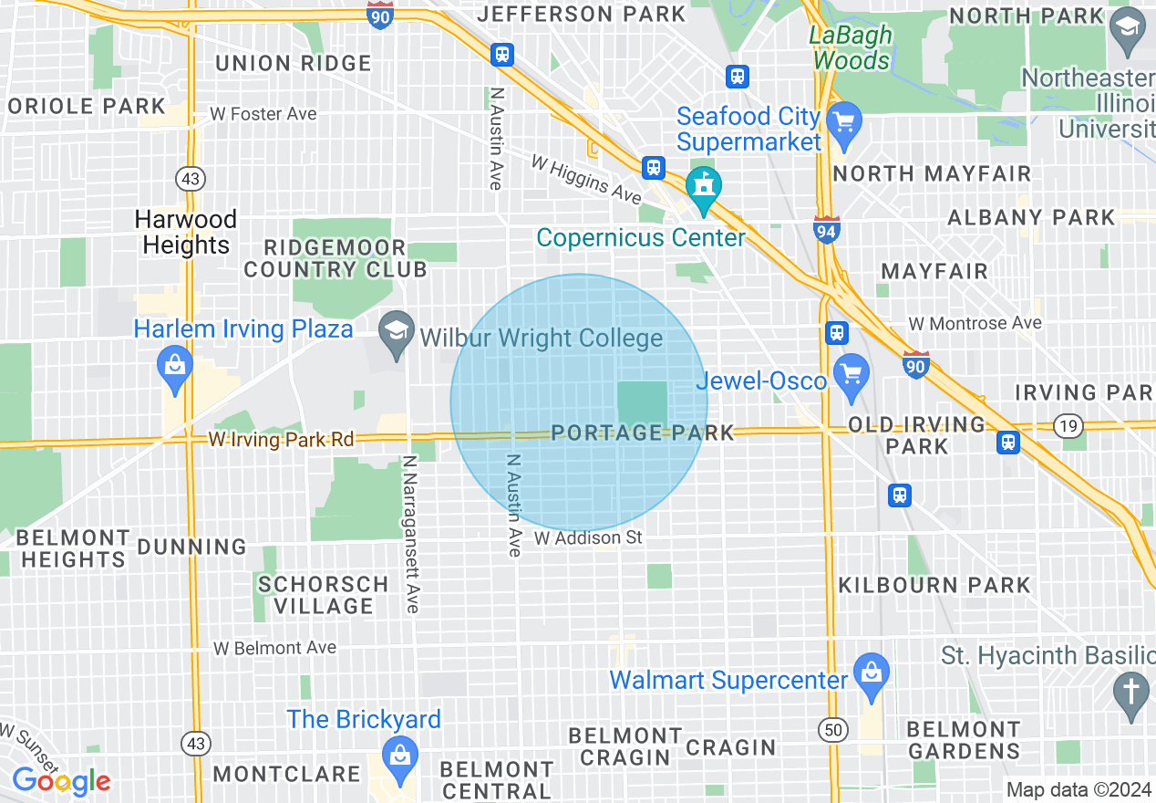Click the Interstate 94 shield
pos(826,231)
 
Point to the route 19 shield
pos(1066,425)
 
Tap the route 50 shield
pos(833,730)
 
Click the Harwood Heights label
pos(186,232)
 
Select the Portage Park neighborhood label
pos(643,433)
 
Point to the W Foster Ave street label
pos(263,114)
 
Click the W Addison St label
pos(588,538)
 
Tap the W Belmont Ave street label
pos(274,648)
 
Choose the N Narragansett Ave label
pos(411,534)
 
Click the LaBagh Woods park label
pos(852,48)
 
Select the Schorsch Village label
pos(323,595)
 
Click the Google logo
pos(61,781)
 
